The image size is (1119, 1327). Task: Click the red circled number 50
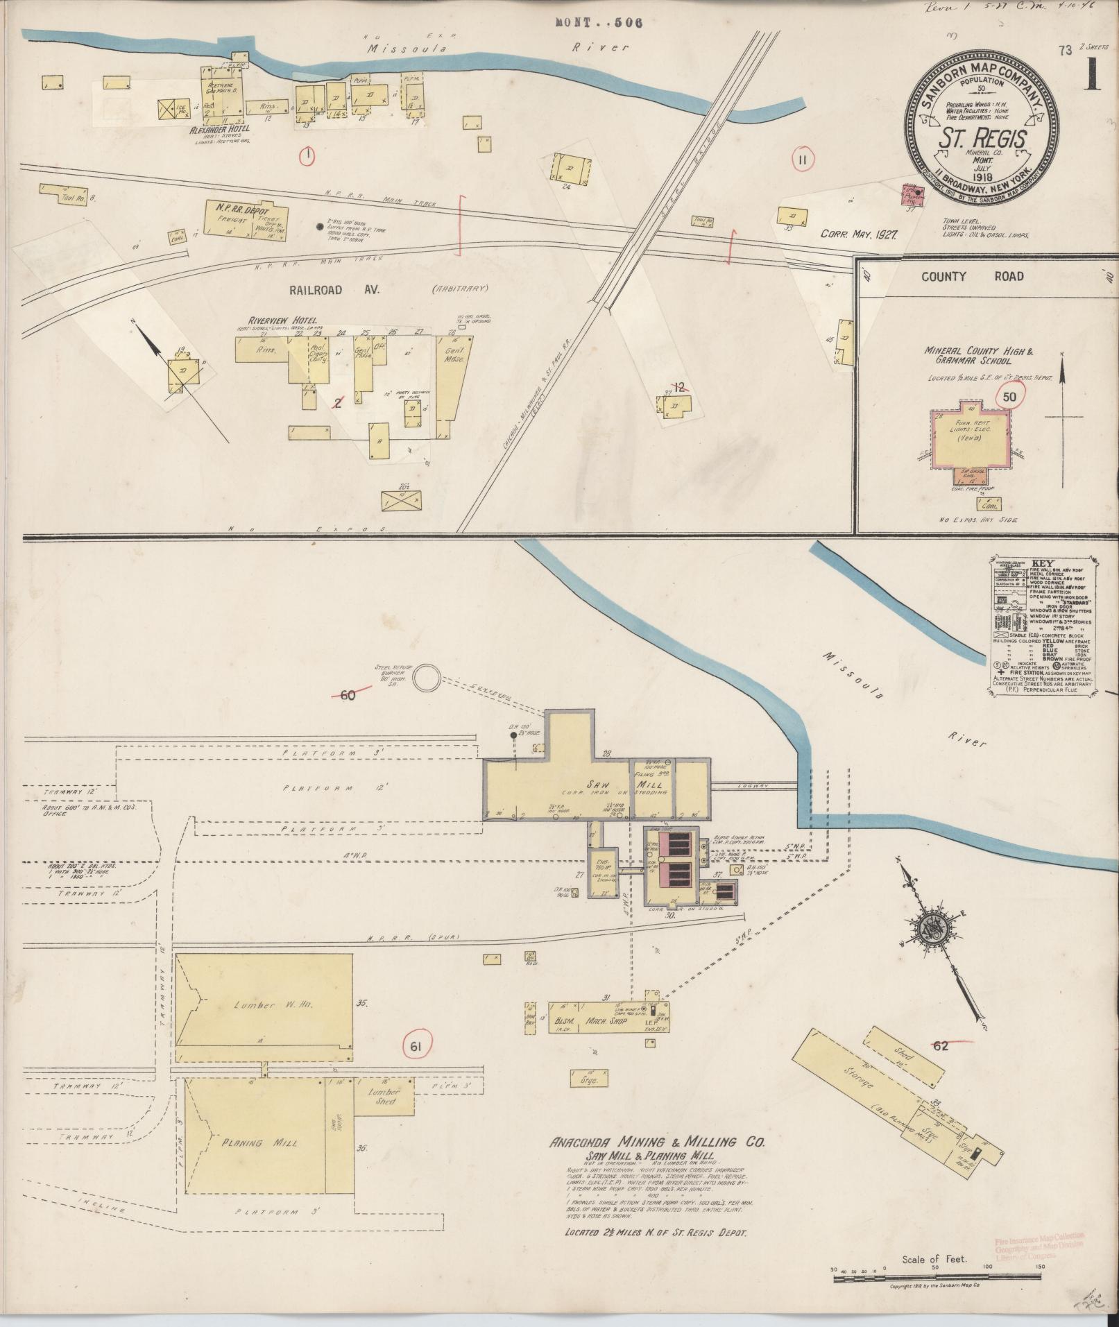(x=1009, y=397)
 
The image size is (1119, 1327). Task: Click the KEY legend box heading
(x=1042, y=563)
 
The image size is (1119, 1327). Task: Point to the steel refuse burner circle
(x=427, y=677)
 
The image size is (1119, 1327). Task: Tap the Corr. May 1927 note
(x=859, y=234)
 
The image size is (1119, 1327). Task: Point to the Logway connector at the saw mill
(x=753, y=785)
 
